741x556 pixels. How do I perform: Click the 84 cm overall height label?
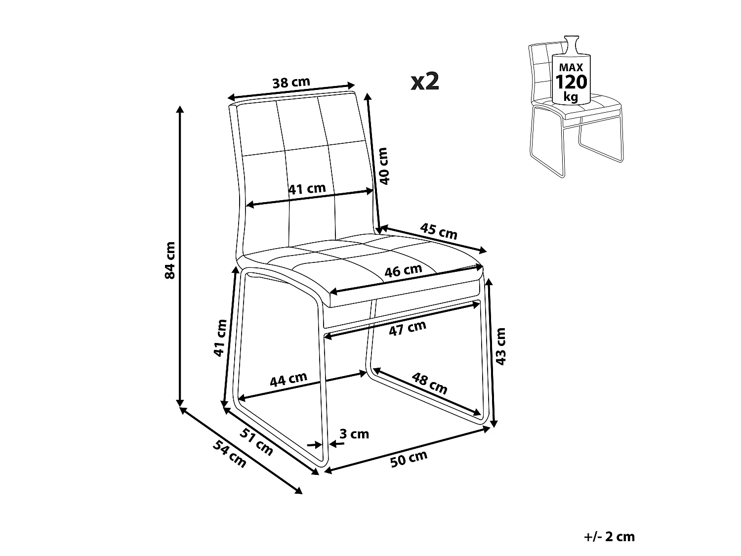pyautogui.click(x=170, y=260)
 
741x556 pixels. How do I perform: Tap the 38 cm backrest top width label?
pyautogui.click(x=291, y=82)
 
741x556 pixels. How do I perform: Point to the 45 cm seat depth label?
pyautogui.click(x=439, y=231)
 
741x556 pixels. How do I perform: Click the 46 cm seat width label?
pyautogui.click(x=403, y=270)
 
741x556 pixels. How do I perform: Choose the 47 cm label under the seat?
pyautogui.click(x=408, y=329)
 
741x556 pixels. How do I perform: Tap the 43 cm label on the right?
pyautogui.click(x=501, y=346)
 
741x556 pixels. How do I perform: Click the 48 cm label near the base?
pyautogui.click(x=429, y=383)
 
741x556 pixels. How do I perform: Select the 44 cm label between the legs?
pyautogui.click(x=288, y=380)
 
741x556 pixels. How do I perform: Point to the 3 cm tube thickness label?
pyautogui.click(x=354, y=434)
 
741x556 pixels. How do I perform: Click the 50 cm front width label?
pyautogui.click(x=409, y=459)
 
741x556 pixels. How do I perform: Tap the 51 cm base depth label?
pyautogui.click(x=256, y=442)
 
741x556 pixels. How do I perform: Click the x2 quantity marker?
pyautogui.click(x=425, y=82)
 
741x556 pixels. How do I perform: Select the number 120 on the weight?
pyautogui.click(x=572, y=82)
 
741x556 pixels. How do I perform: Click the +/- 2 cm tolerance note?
pyautogui.click(x=609, y=537)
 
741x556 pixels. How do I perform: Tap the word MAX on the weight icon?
pyautogui.click(x=571, y=68)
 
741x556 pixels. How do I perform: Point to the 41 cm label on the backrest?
pyautogui.click(x=307, y=189)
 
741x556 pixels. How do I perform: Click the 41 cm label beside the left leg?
pyautogui.click(x=220, y=338)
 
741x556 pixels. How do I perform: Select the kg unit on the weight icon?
pyautogui.click(x=571, y=97)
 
